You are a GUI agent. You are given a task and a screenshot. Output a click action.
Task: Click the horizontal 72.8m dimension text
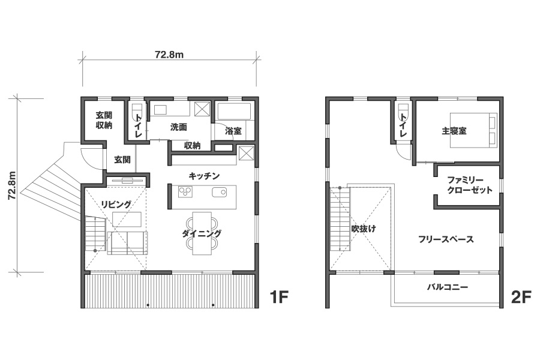click(169, 55)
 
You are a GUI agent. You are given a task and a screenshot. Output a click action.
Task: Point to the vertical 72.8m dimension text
click(13, 185)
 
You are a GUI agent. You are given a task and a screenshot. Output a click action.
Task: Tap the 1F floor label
click(278, 297)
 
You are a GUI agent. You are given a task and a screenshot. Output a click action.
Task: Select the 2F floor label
click(521, 297)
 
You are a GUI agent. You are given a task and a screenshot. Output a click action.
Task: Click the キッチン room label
click(204, 176)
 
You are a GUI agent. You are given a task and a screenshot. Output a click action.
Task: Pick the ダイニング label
click(202, 233)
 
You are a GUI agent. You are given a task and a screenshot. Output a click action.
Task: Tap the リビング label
click(116, 204)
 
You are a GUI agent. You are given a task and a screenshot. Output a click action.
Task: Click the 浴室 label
click(233, 131)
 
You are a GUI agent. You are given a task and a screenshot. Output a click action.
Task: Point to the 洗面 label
click(178, 127)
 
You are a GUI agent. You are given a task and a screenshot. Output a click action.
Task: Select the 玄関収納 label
click(104, 120)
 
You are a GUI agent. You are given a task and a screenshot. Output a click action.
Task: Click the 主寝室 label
click(454, 131)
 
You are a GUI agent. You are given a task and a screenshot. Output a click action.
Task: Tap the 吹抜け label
click(364, 229)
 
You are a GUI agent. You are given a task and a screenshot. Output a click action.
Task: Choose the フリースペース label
click(446, 239)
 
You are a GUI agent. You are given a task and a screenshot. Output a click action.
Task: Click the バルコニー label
click(448, 287)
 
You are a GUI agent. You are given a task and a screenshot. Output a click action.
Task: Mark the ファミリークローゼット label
click(470, 185)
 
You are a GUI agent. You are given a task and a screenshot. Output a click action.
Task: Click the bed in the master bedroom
click(474, 130)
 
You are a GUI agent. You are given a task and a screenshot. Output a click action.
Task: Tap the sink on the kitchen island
click(219, 192)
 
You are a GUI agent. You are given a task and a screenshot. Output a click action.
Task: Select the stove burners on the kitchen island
click(185, 192)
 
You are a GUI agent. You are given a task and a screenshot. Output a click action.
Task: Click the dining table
click(202, 233)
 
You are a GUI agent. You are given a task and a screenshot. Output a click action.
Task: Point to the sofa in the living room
click(127, 243)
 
